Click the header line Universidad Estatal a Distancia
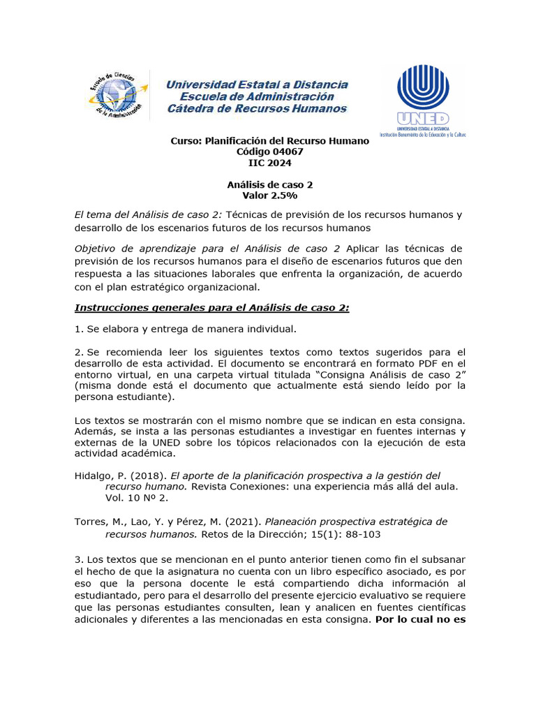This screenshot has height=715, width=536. pos(257,84)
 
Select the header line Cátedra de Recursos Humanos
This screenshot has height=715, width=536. pos(257,109)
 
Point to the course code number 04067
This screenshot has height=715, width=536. pos(286,152)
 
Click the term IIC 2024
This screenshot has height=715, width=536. pos(270,163)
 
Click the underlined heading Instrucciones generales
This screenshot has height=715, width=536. pos(211,308)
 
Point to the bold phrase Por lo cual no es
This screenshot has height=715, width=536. pos(421,619)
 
